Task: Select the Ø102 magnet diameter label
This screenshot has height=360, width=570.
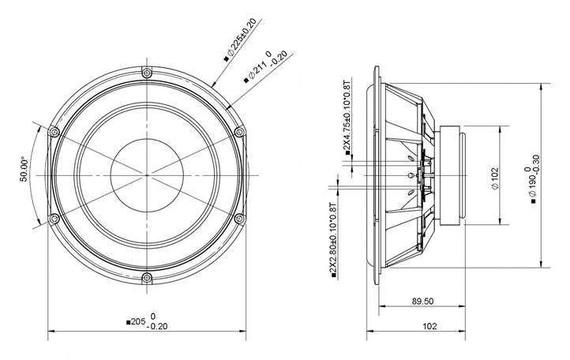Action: (x=494, y=175)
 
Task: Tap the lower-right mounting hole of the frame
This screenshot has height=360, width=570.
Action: (x=238, y=219)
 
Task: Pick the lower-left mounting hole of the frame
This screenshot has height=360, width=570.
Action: (x=54, y=219)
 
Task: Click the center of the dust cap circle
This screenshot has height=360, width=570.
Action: (x=146, y=174)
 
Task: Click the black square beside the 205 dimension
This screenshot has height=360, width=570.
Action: (x=129, y=322)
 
